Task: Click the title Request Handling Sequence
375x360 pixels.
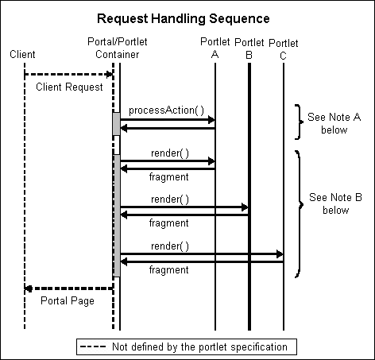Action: coord(187,17)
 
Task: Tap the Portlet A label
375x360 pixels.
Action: coord(215,48)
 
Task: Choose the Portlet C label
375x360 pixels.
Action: coord(284,48)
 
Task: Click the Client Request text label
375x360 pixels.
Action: coord(69,87)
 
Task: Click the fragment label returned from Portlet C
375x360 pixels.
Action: coord(168,270)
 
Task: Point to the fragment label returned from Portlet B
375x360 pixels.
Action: coord(168,223)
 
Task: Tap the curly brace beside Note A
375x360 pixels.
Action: coord(299,122)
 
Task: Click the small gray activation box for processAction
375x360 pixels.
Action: coord(116,123)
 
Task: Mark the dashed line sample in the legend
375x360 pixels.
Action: coord(95,346)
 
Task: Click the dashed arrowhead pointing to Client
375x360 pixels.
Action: coord(29,288)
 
